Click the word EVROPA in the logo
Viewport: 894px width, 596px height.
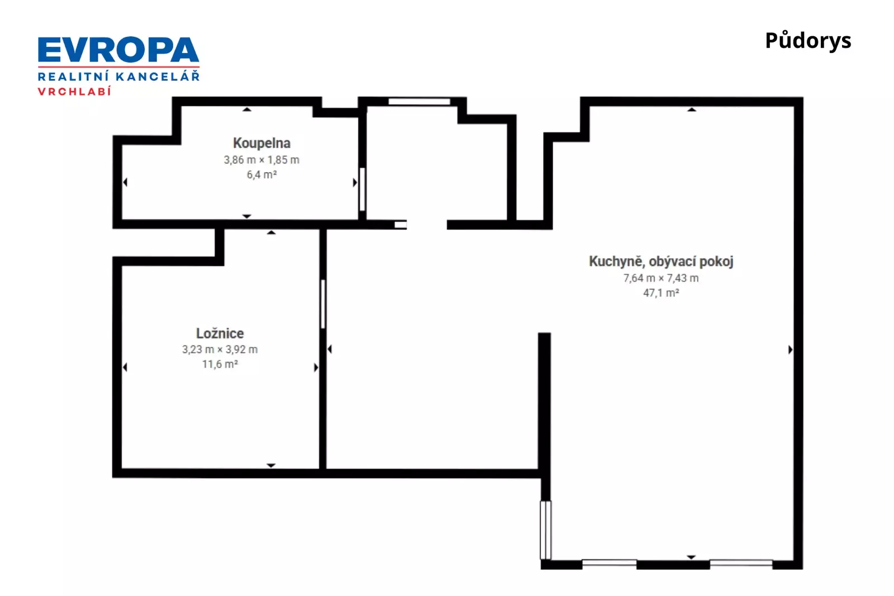tap(118, 50)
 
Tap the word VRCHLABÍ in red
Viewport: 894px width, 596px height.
tap(74, 92)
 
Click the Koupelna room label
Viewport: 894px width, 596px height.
tap(261, 143)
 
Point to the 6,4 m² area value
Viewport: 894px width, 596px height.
tap(261, 174)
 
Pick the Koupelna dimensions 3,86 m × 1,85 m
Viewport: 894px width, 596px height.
tap(261, 160)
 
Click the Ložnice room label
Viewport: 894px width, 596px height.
tap(220, 333)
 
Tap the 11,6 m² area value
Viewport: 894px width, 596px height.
tap(220, 364)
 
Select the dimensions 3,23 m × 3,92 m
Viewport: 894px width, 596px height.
tap(220, 350)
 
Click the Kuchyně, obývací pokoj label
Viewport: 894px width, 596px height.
tap(661, 262)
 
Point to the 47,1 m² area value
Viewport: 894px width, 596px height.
tap(661, 293)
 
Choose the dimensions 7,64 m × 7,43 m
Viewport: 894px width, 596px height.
tap(661, 278)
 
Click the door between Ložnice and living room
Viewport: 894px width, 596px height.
tap(323, 304)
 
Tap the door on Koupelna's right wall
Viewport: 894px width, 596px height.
tap(363, 189)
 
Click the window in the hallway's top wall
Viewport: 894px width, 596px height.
tap(419, 102)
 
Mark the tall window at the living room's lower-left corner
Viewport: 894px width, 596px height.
tap(545, 530)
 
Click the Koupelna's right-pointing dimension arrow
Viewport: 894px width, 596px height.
tap(355, 182)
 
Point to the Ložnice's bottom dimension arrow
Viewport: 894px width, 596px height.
tap(271, 465)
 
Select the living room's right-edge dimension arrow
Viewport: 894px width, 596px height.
tap(790, 350)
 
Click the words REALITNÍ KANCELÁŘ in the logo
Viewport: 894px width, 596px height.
tap(118, 76)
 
